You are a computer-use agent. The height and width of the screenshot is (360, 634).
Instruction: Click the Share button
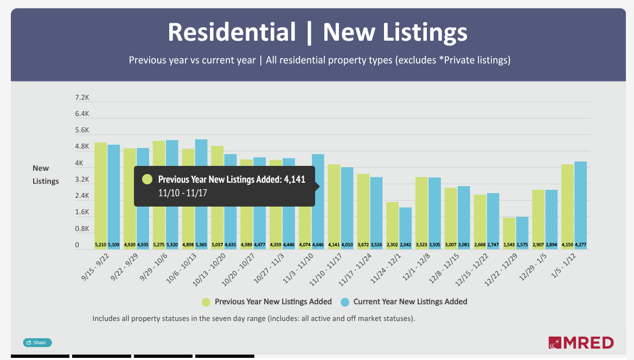pos(37,343)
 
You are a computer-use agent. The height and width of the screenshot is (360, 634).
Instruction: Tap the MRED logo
pos(581,343)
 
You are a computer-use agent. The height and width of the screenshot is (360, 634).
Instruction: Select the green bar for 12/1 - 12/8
pos(421,211)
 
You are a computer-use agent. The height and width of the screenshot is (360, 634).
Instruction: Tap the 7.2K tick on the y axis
pos(82,98)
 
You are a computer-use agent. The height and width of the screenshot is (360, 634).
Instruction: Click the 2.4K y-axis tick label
pos(82,196)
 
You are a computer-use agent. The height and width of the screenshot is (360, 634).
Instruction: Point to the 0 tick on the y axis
pos(77,245)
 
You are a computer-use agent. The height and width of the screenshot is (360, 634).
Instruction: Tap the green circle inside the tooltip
pos(146,179)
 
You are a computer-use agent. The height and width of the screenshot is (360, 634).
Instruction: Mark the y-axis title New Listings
pos(46,175)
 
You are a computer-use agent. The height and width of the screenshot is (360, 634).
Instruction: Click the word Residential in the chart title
pos(232,32)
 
